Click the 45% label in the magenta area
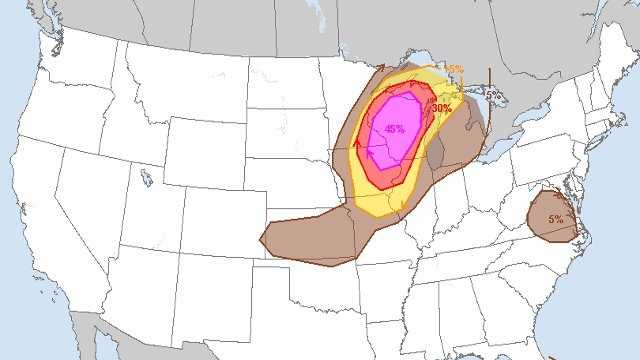(x=394, y=128)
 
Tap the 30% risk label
(x=442, y=108)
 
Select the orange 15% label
(x=454, y=69)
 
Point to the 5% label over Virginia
(x=555, y=218)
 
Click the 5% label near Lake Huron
(x=492, y=95)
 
